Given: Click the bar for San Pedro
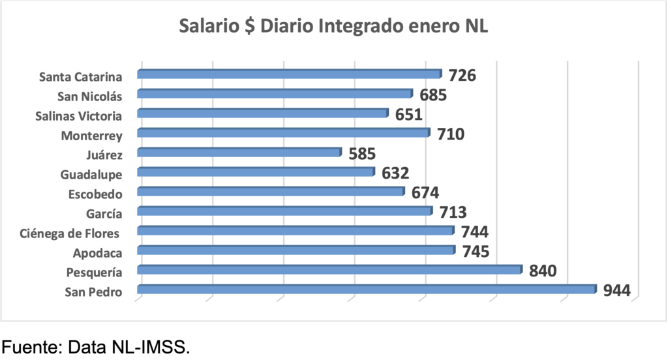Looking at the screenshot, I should (x=367, y=289).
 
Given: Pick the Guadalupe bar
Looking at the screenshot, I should (x=256, y=172).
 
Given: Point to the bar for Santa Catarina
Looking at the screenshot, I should (x=290, y=74).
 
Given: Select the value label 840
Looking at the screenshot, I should (x=543, y=271).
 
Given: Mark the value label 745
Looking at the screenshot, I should (x=475, y=252).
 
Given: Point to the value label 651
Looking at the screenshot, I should (x=409, y=115).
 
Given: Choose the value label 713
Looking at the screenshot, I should (x=453, y=213).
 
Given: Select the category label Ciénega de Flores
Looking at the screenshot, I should (x=71, y=233).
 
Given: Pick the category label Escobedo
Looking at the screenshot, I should (x=95, y=194).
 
